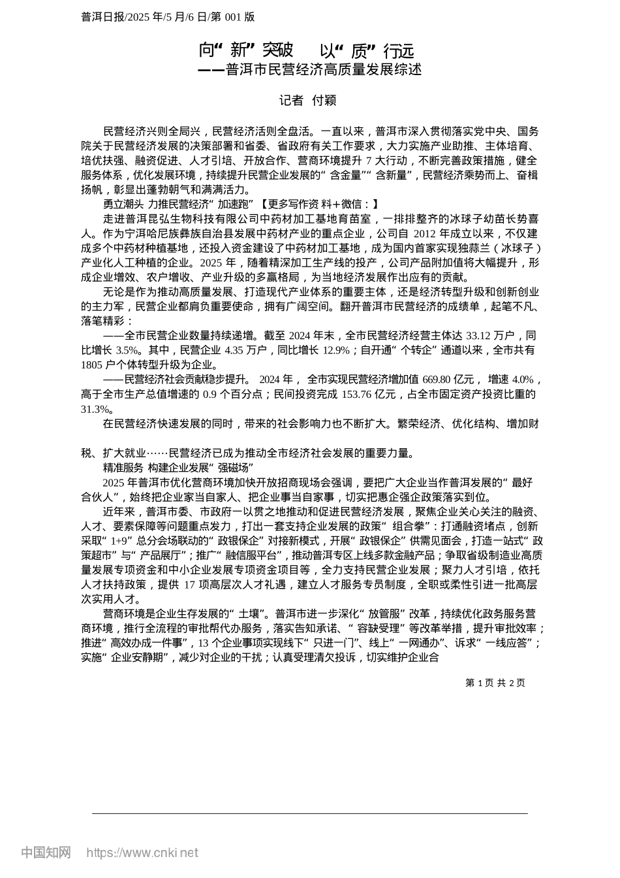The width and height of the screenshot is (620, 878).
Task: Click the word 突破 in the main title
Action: click(x=277, y=50)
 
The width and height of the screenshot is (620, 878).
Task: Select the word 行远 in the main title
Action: click(x=399, y=50)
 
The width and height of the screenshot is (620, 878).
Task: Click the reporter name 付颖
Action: click(x=324, y=100)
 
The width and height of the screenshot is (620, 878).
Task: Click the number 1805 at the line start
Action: click(x=92, y=365)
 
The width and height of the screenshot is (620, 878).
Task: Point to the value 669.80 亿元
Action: click(x=448, y=380)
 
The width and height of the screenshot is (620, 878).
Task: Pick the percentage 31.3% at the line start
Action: click(x=94, y=409)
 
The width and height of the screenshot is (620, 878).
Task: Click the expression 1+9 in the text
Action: click(x=119, y=541)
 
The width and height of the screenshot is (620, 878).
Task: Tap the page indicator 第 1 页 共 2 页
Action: click(x=495, y=683)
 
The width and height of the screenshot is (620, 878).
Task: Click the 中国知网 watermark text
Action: click(x=46, y=853)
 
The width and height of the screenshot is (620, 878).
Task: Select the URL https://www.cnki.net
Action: click(x=142, y=853)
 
